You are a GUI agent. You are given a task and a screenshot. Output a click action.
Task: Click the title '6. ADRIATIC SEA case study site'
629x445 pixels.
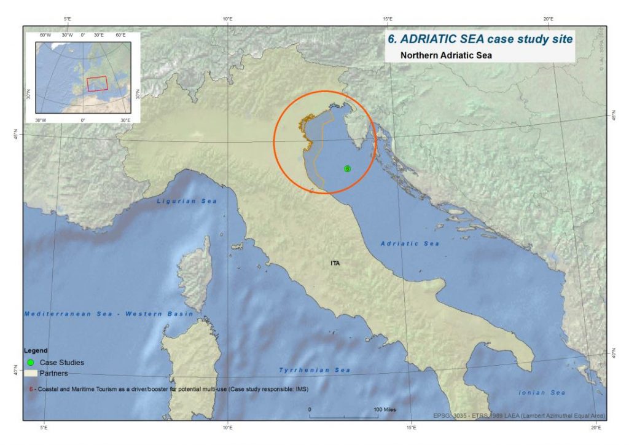(x=480, y=39)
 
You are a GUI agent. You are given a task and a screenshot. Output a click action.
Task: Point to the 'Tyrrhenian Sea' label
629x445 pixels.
(x=314, y=370)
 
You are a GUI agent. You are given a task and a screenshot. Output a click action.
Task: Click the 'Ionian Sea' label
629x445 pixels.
(x=541, y=392)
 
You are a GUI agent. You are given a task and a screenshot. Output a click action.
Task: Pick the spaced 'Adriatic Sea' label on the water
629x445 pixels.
(x=410, y=244)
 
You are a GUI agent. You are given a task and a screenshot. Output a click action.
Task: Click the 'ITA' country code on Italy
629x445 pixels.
(x=335, y=263)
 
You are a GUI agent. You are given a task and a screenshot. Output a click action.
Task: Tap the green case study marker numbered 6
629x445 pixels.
(x=347, y=168)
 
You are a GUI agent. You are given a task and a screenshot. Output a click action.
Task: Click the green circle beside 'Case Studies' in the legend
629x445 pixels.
(x=30, y=362)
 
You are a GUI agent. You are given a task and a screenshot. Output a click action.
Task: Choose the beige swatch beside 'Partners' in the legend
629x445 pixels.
(x=30, y=373)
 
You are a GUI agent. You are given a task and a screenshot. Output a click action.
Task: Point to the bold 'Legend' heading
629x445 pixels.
(x=36, y=350)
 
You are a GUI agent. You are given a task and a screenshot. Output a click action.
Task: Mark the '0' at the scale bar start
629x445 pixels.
(x=310, y=409)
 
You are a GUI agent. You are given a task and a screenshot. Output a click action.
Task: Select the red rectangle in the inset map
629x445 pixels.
(x=96, y=84)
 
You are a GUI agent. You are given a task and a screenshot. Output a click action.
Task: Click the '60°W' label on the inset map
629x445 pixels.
(x=45, y=35)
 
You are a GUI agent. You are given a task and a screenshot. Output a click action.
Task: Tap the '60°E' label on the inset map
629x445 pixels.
(x=120, y=35)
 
